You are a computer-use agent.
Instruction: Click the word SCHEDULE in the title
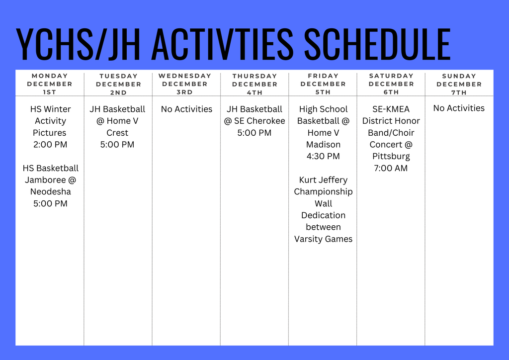coord(377,45)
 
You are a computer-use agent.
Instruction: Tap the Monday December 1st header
coord(50,84)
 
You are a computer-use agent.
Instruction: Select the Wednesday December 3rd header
coord(185,84)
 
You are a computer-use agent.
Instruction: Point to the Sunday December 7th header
coord(459,84)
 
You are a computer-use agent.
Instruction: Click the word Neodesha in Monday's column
coord(50,191)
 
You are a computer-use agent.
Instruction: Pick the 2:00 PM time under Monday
coord(50,145)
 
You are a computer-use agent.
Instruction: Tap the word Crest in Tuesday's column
coord(117,133)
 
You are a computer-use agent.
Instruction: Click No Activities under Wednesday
coord(186,109)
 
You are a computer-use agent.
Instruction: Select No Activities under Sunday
coord(459,108)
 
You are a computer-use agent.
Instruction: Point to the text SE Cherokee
coord(259,121)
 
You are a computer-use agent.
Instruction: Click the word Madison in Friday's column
coord(323,145)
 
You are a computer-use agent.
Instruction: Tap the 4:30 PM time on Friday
coord(323,156)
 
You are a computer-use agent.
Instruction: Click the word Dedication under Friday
coord(323,215)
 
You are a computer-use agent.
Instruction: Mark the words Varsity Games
coord(323,239)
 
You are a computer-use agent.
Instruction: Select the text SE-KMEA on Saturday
coord(391,109)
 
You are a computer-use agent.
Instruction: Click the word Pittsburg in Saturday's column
coord(391,156)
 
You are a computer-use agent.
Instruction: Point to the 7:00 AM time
coord(391,168)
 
